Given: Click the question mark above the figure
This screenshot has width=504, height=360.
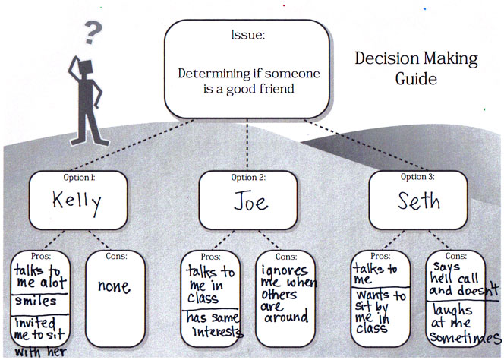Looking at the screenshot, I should pos(93,33).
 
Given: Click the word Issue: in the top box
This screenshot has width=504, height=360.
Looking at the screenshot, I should pos(247,36).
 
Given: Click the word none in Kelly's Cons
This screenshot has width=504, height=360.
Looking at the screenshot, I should pos(112,288).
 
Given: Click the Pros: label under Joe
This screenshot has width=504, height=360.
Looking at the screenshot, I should pos(209,255).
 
